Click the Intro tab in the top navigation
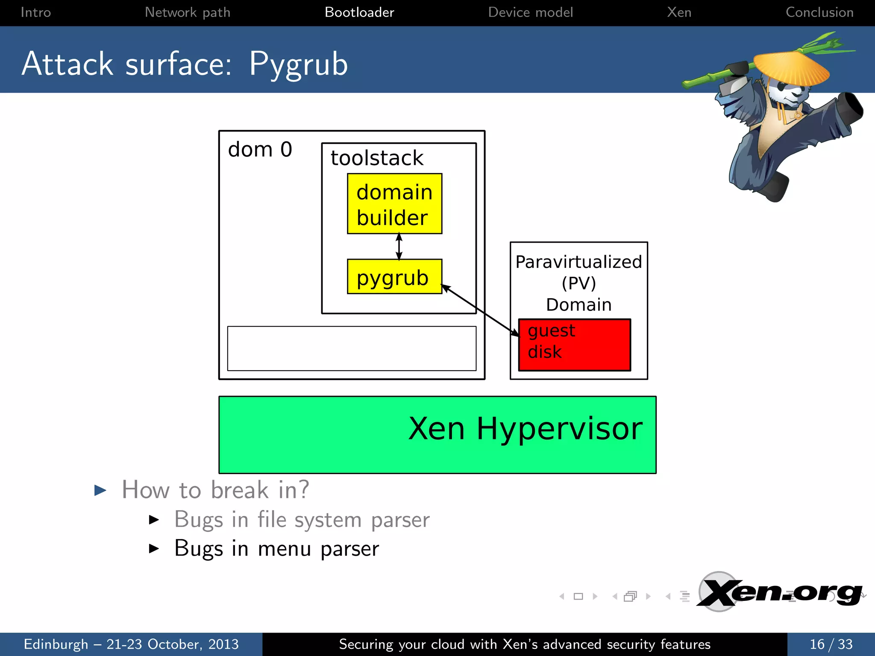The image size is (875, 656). [x=36, y=12]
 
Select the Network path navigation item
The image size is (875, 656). [x=188, y=12]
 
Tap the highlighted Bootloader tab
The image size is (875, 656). [x=359, y=12]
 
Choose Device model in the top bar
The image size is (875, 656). [x=530, y=12]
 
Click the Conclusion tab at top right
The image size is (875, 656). [x=819, y=12]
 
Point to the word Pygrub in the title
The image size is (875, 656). [x=298, y=64]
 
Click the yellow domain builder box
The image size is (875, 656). [x=394, y=204]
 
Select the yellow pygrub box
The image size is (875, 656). [x=394, y=277]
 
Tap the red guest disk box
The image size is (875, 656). [x=574, y=345]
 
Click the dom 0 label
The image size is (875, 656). [x=260, y=149]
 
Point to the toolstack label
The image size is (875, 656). [x=377, y=158]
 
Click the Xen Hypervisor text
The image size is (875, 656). [x=525, y=428]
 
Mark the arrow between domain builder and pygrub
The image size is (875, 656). [x=399, y=246]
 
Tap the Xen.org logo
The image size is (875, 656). [x=780, y=592]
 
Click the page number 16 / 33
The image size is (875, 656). [x=831, y=644]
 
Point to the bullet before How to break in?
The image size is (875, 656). [x=100, y=490]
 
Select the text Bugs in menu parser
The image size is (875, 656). [x=276, y=549]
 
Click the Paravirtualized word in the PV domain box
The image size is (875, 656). [x=578, y=262]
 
